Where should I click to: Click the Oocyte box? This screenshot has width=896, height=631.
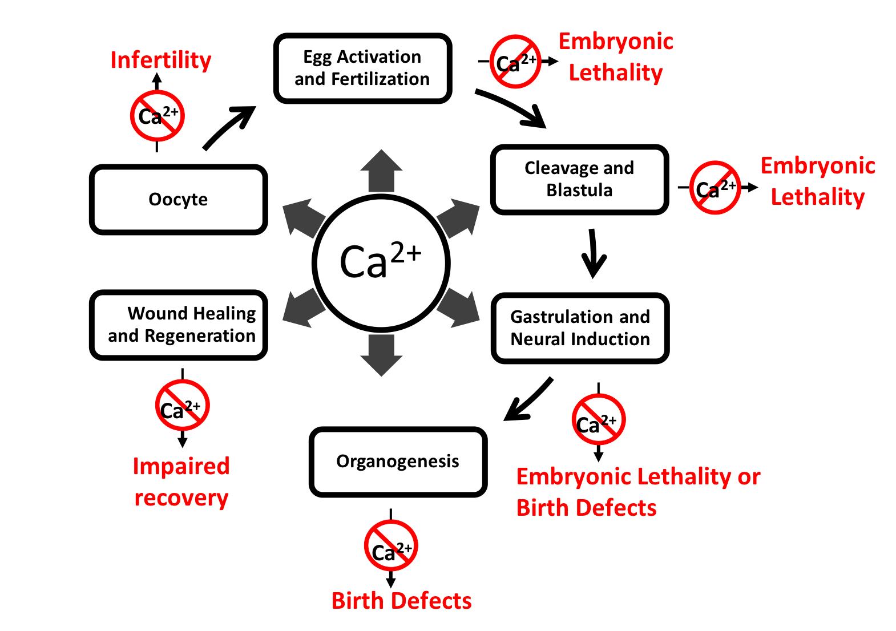[178, 200]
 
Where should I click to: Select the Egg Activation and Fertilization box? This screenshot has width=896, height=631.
[362, 68]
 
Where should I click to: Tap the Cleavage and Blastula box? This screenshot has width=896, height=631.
[579, 179]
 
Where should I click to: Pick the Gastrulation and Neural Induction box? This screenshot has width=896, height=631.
[580, 328]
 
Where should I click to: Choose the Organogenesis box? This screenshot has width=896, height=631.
[398, 462]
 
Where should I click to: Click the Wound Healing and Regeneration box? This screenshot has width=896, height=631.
[179, 325]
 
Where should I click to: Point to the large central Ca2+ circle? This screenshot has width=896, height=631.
[381, 263]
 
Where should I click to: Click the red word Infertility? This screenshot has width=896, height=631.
[160, 60]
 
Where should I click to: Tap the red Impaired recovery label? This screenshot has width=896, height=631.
[181, 482]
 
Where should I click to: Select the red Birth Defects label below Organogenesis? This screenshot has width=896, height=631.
[401, 601]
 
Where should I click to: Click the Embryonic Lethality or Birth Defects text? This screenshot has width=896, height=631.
[637, 492]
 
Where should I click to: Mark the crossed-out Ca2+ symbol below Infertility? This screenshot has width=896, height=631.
[157, 116]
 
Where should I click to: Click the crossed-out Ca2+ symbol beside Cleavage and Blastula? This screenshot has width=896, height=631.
[715, 188]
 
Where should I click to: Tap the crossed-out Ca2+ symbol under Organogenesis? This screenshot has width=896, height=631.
[391, 547]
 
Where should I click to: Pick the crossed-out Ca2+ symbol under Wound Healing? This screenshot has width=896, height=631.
[182, 406]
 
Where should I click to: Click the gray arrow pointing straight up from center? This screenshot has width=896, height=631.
[381, 170]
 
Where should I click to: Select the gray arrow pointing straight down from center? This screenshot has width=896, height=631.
[381, 355]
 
